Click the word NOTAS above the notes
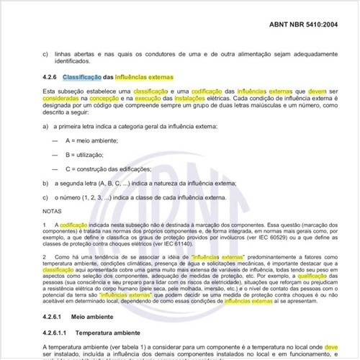click(53, 211)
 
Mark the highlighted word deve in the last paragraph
click(330, 348)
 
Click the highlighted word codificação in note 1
click(74, 225)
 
